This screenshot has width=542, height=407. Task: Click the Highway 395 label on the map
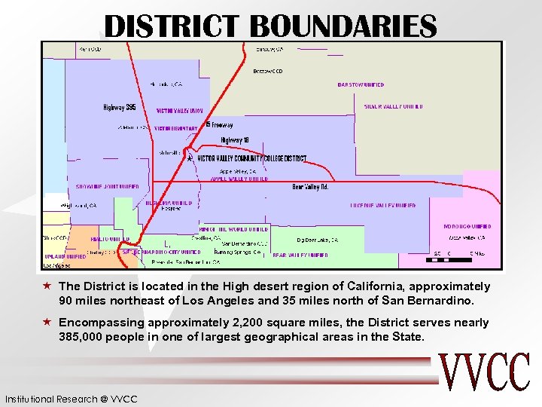tap(120, 108)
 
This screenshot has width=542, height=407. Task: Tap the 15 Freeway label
tap(219, 125)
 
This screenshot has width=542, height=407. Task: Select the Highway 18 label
tap(239, 139)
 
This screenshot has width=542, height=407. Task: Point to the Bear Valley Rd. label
tap(310, 187)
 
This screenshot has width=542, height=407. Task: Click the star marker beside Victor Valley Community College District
tap(190, 158)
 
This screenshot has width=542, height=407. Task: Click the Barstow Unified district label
tap(361, 85)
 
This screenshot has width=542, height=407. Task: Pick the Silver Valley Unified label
tap(393, 107)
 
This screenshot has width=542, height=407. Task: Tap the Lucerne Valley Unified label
tap(382, 205)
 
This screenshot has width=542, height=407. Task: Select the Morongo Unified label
tap(467, 226)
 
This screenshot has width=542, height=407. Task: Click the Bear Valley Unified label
tap(300, 256)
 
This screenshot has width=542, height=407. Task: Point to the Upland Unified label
tap(65, 257)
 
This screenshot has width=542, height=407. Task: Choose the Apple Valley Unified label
tap(239, 179)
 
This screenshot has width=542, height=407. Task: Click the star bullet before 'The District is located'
tap(47, 286)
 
